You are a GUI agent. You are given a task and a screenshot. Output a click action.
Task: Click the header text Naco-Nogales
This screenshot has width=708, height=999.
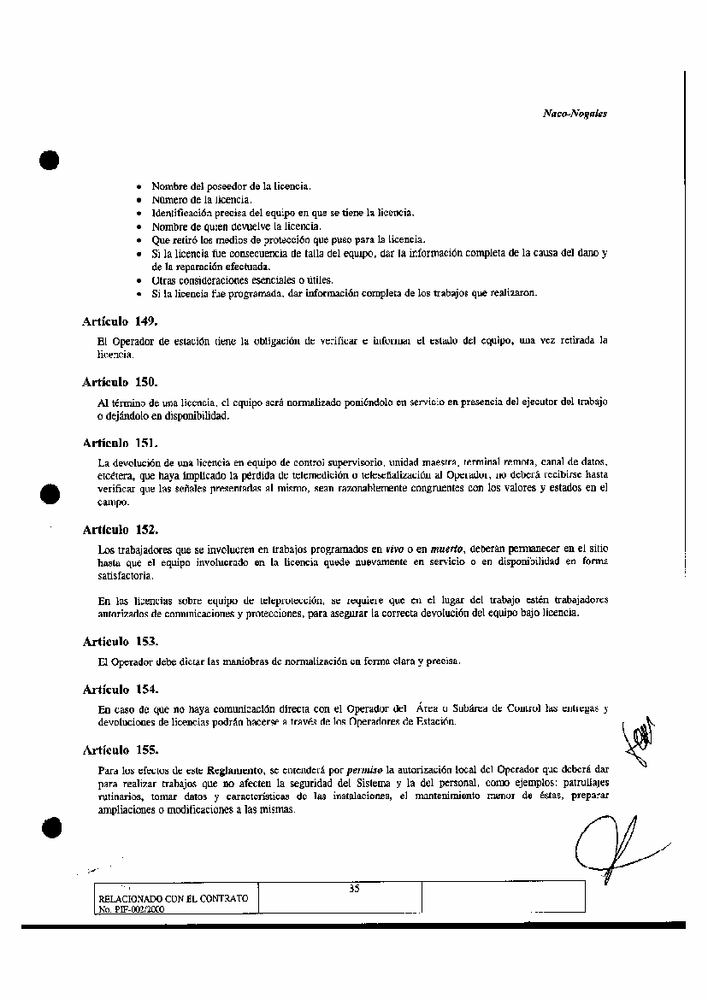click(575, 113)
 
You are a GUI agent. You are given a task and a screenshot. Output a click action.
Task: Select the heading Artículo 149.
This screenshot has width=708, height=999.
click(121, 321)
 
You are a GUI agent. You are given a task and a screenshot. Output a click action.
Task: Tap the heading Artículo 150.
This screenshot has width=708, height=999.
click(121, 381)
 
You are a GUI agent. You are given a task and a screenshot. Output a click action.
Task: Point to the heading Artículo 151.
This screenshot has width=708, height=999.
click(121, 443)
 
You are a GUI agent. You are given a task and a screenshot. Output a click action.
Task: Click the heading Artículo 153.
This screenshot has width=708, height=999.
click(121, 641)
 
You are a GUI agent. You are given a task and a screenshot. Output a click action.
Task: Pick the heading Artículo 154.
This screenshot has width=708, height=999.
click(121, 689)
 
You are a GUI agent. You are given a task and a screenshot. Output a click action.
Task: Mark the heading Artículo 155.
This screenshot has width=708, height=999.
click(121, 750)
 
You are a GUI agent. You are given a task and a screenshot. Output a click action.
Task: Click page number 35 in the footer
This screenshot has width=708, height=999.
click(354, 889)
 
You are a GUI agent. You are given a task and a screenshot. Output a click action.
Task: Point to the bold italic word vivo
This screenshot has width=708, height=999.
click(394, 549)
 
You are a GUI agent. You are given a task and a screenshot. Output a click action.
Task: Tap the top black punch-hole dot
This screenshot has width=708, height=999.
click(49, 161)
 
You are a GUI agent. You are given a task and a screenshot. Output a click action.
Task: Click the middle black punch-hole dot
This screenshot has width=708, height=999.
click(49, 494)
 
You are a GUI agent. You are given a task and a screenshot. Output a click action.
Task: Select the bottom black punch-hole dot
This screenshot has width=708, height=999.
click(50, 827)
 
